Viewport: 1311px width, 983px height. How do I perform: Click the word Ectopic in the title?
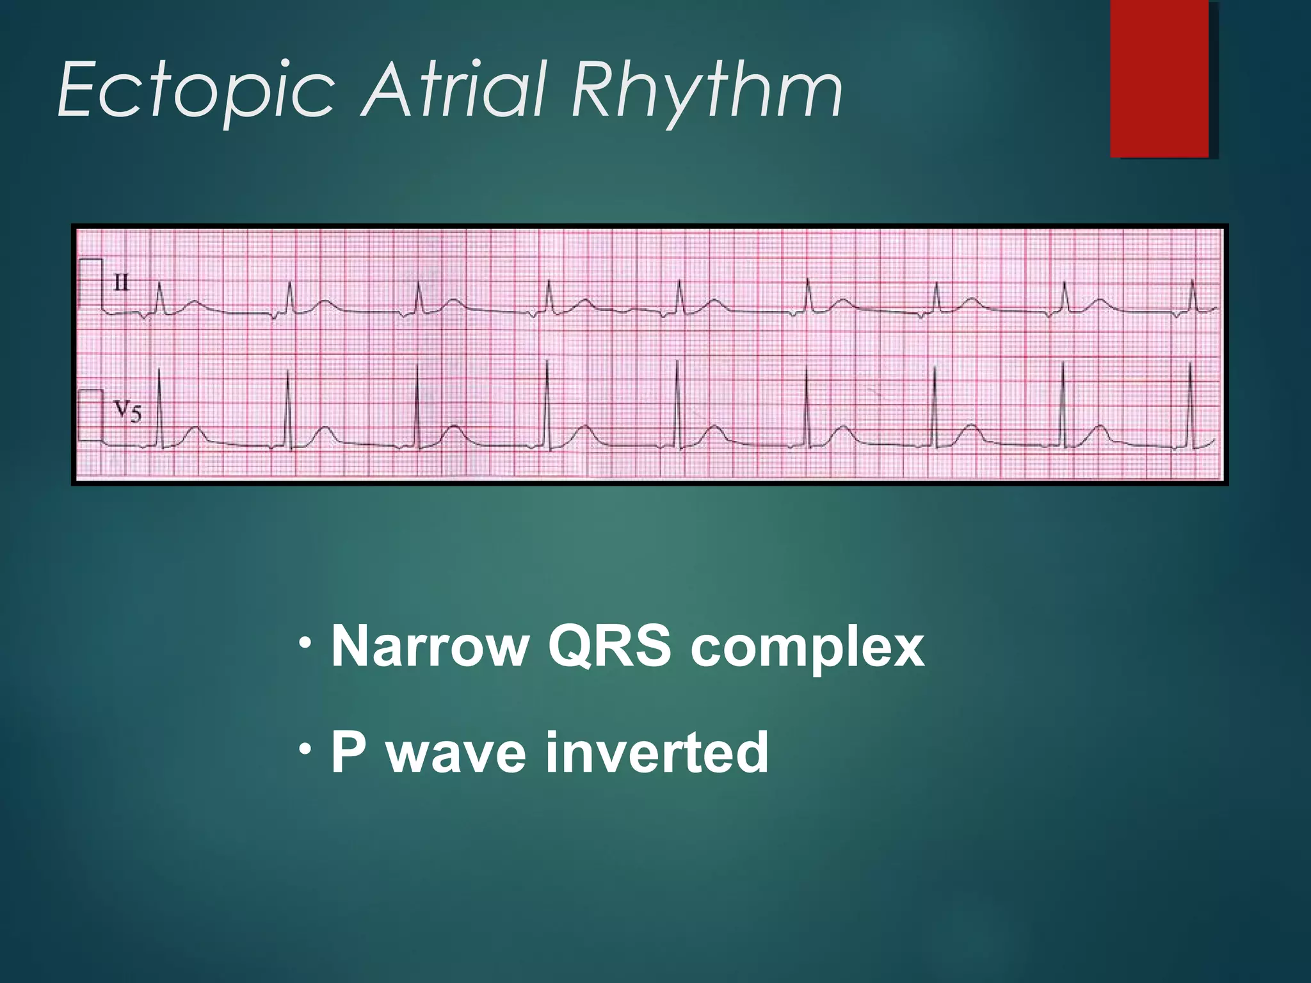(195, 90)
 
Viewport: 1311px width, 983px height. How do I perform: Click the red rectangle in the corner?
(1159, 78)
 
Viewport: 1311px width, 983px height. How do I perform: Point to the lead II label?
(121, 283)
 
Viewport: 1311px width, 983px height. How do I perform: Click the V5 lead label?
(127, 411)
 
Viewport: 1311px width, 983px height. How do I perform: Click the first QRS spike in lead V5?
(159, 410)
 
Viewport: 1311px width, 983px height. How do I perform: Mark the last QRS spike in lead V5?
(1191, 406)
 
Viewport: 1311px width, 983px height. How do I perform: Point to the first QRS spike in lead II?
(159, 298)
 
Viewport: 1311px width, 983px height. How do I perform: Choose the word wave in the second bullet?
(457, 754)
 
